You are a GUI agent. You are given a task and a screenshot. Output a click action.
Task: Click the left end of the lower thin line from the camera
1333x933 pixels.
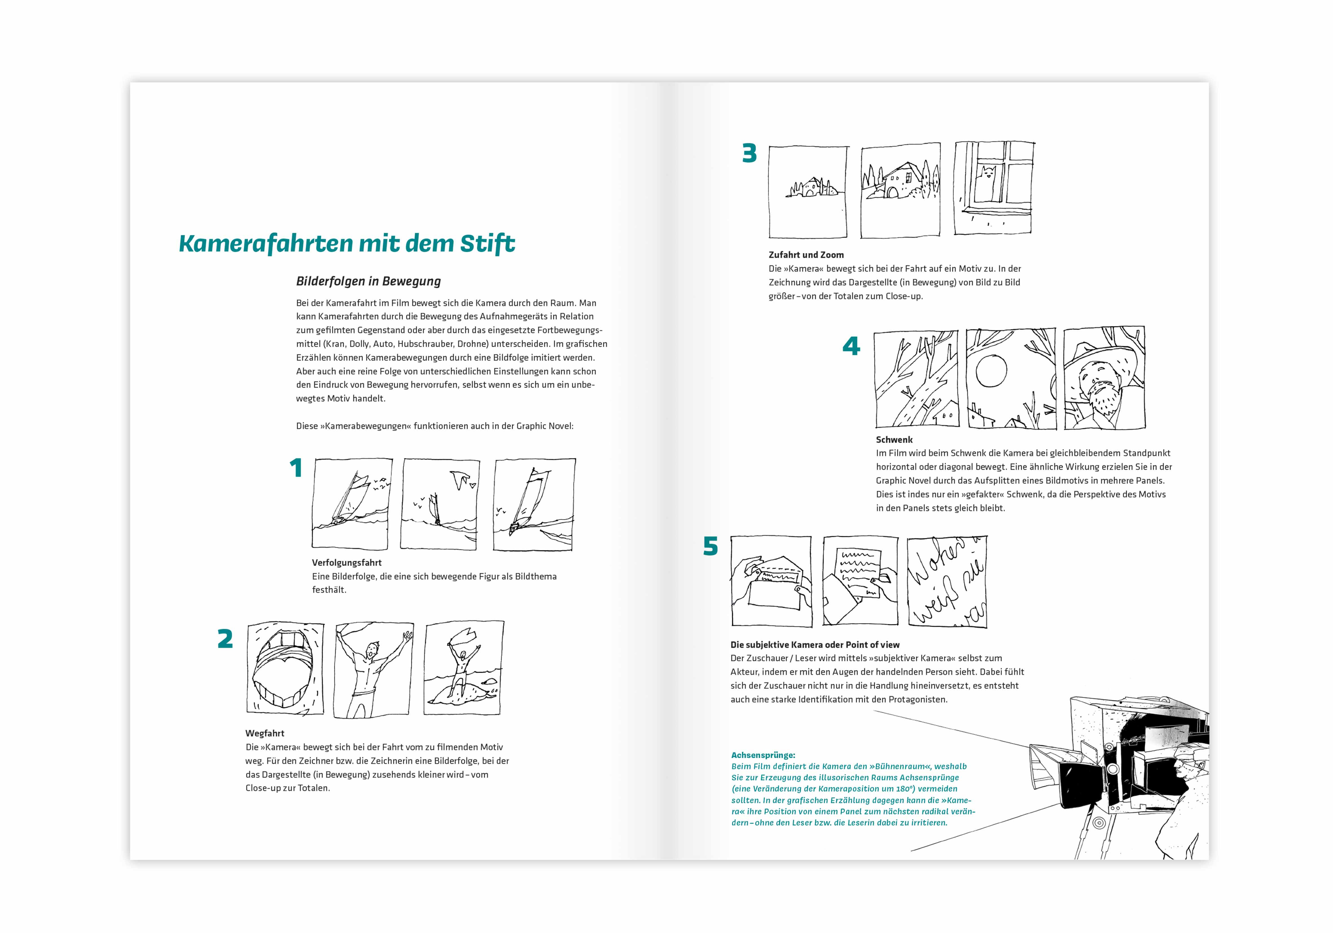(x=911, y=851)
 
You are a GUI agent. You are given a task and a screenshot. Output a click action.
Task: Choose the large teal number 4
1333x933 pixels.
(x=851, y=346)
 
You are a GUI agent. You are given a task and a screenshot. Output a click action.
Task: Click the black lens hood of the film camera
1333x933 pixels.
(x=1081, y=785)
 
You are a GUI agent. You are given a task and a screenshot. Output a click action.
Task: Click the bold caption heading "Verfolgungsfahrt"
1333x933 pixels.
(x=347, y=563)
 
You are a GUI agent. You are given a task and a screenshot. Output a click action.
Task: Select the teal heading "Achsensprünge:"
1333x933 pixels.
(x=763, y=755)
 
